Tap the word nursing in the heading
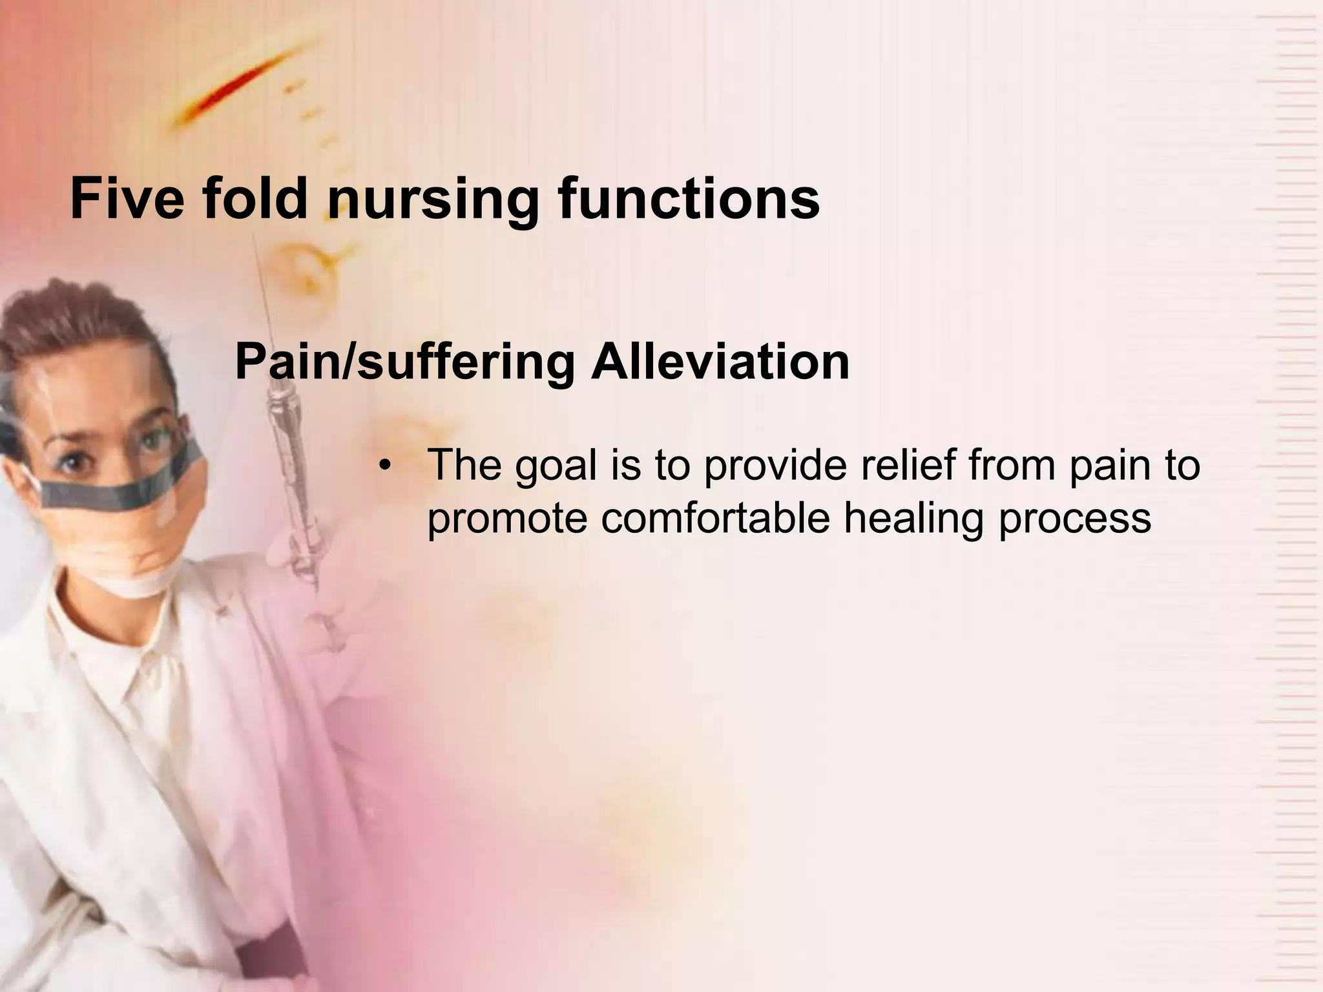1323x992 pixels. click(x=433, y=200)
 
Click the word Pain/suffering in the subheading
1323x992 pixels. click(x=405, y=363)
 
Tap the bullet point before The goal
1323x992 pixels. click(x=386, y=466)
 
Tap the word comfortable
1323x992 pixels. click(x=714, y=517)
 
